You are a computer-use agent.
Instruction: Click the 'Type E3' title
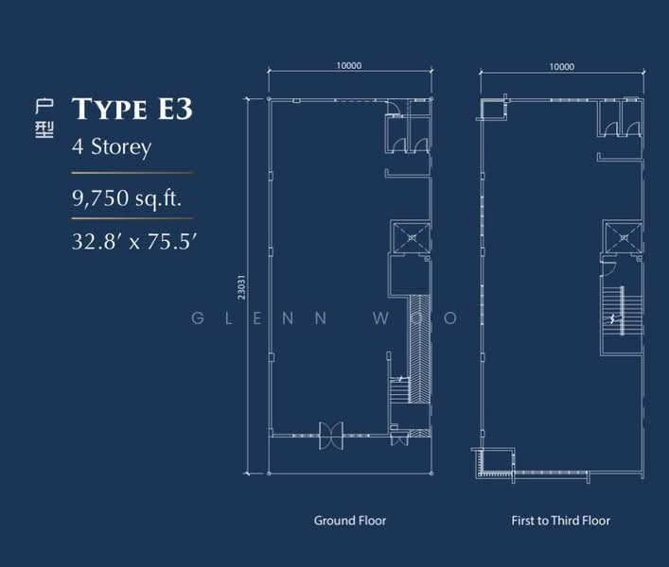point(132,109)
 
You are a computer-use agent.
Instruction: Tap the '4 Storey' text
point(112,147)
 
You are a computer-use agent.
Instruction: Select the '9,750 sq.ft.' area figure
point(127,198)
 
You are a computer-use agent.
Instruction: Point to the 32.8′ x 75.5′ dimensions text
point(133,242)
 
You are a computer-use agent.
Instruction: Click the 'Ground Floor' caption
point(350,521)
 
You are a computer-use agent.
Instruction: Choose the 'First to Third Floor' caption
point(560,521)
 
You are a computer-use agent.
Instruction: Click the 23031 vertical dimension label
point(241,286)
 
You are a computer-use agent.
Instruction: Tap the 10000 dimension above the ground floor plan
point(349,65)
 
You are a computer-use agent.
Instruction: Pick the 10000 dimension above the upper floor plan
point(561,67)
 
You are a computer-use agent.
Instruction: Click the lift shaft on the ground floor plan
point(412,237)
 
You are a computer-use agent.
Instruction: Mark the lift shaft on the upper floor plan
point(623,237)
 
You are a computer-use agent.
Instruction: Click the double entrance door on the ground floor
point(331,436)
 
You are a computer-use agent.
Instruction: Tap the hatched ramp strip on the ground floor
point(420,349)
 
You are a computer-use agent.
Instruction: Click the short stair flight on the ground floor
point(399,389)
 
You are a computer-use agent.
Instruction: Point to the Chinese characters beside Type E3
point(44,118)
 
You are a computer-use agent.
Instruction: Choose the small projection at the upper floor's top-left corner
point(493,108)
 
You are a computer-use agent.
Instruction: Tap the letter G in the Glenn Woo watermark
point(198,318)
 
